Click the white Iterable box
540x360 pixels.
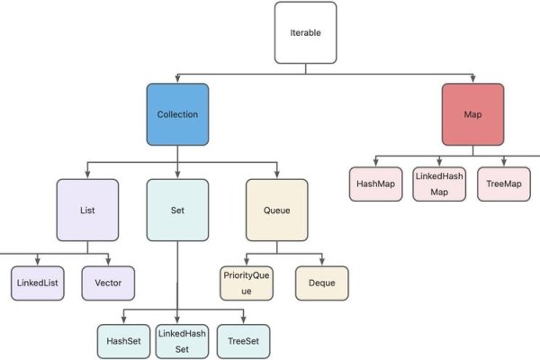click(305, 32)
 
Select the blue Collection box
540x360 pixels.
click(177, 114)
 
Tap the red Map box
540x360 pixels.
click(472, 114)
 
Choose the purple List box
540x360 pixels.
click(87, 211)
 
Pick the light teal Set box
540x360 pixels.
click(177, 211)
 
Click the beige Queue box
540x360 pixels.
click(276, 211)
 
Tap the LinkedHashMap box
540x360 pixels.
click(438, 184)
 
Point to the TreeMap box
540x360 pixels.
click(502, 184)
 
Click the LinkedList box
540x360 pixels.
click(37, 283)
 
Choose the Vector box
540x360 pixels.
click(108, 283)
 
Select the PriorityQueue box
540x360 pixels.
click(246, 283)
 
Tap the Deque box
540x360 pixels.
click(321, 283)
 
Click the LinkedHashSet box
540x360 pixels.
click(182, 341)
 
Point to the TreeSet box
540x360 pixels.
click(243, 341)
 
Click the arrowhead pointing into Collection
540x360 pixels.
click(177, 79)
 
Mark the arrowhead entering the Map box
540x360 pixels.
click(472, 79)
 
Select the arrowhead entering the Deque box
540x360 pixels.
click(321, 262)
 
